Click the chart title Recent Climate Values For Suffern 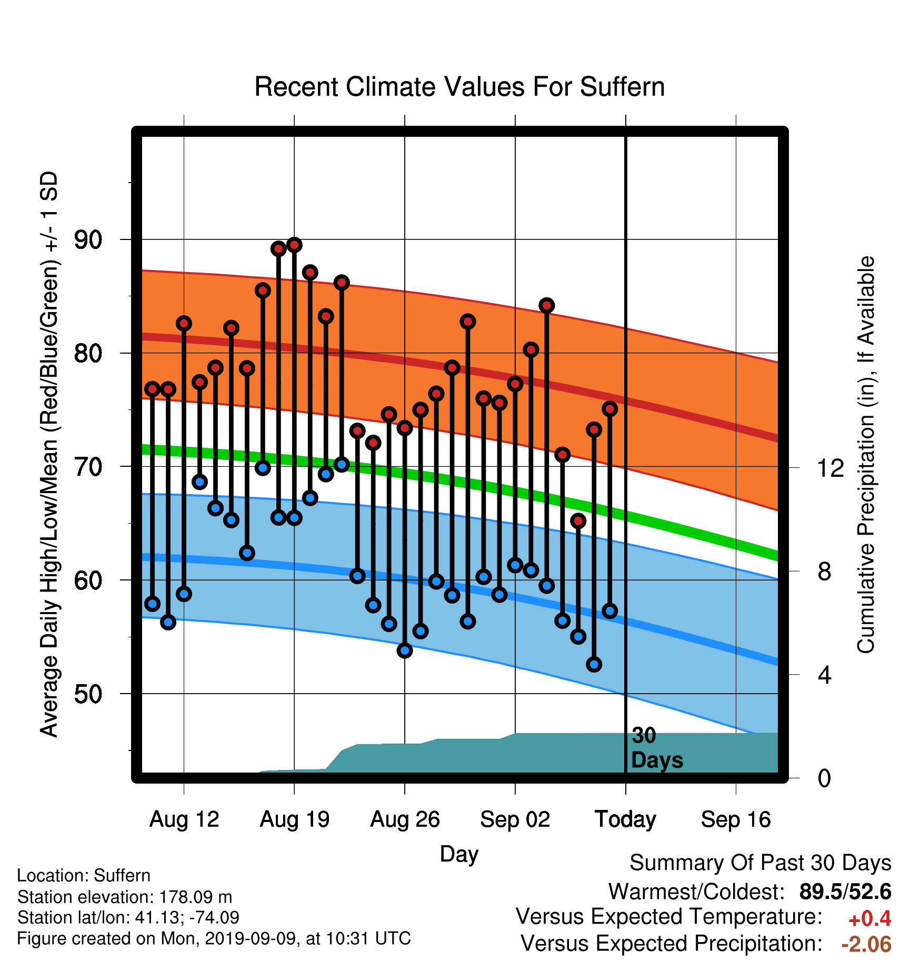459,87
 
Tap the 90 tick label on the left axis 88,240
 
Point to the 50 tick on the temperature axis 88,694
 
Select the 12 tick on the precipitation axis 831,467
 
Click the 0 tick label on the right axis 824,778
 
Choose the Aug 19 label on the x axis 295,819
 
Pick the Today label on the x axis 625,819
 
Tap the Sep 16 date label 736,819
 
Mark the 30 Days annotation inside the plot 656,748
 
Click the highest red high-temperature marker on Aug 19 295,245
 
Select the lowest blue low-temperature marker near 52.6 594,664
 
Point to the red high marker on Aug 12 184,323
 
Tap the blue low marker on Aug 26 405,650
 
